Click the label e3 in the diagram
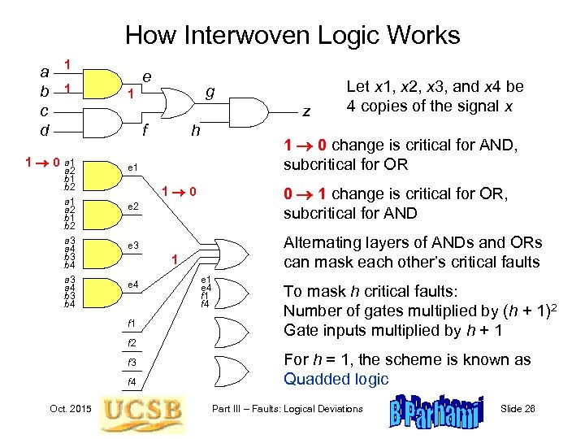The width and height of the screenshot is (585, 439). click(x=133, y=246)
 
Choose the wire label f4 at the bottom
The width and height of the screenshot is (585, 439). click(x=131, y=380)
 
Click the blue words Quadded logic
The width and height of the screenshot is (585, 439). click(x=336, y=378)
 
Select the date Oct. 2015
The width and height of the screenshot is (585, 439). click(x=70, y=407)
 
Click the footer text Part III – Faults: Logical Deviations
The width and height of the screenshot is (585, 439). click(x=287, y=408)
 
